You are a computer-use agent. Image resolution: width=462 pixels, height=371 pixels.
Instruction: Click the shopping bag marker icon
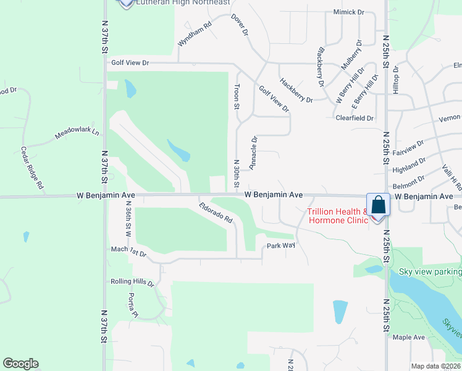point(378,205)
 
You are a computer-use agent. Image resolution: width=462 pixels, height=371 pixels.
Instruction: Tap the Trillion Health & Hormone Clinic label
point(338,216)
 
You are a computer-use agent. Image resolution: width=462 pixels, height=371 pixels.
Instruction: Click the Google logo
point(20,364)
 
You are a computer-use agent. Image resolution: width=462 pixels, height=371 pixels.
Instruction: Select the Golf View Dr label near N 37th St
point(130,63)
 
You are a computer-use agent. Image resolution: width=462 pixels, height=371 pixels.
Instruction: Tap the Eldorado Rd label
point(216,213)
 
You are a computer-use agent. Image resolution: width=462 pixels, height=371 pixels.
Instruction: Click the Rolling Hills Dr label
point(132,282)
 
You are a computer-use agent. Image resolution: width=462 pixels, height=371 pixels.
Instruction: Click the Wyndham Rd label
point(195,34)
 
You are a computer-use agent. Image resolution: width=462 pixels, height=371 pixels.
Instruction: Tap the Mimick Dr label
point(349,12)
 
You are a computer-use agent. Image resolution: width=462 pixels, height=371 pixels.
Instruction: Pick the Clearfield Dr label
point(355,117)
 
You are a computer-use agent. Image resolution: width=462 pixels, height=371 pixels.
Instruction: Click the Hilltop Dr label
point(397,81)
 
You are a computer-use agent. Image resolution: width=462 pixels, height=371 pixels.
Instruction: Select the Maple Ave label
point(408,337)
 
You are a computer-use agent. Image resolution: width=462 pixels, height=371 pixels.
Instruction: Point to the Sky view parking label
point(430,271)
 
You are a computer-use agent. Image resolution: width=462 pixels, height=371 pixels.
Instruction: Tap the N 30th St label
point(236,174)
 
